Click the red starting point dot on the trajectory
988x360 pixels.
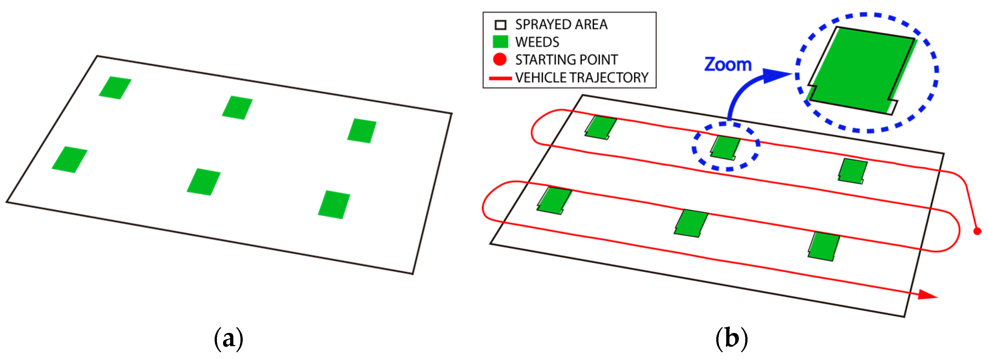tap(977, 231)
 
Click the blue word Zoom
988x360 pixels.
tap(728, 65)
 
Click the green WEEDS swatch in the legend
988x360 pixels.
tap(500, 41)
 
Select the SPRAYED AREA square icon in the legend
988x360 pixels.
tap(500, 25)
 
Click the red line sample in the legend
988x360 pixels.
tap(500, 78)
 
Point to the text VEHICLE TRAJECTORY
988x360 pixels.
tap(581, 78)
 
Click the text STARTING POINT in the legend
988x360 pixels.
tap(566, 60)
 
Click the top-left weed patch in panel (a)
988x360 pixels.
tap(115, 88)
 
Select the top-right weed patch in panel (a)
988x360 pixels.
tap(362, 131)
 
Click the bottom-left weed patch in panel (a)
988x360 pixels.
tap(70, 159)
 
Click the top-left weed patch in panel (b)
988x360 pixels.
tap(600, 128)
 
